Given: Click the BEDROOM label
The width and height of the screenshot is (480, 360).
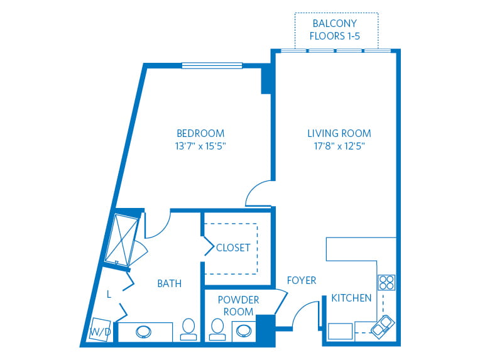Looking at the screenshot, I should point(200,133).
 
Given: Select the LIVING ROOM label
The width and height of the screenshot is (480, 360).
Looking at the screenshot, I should point(339,133).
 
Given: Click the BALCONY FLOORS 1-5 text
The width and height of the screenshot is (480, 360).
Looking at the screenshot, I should point(336,30).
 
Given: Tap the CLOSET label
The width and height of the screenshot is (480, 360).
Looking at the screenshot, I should point(232,248).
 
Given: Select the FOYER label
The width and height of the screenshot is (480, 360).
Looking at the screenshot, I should point(302,280).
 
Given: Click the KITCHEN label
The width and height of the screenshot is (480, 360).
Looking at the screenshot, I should point(351,298).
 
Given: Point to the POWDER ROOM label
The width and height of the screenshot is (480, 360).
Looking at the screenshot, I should point(238,305).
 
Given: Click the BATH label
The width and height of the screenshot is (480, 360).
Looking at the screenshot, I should point(169,283).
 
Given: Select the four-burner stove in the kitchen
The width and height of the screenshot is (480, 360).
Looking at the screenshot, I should point(386,283).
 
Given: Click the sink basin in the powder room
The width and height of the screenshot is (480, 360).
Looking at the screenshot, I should point(243,330).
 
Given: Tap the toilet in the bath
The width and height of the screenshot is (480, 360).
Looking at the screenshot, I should point(188,329).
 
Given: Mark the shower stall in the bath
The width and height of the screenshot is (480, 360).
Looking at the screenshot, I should point(123,239).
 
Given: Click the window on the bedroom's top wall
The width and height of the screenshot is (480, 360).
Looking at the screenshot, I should point(212,65).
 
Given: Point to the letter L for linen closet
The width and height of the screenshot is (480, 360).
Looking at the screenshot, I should point(109,294).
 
